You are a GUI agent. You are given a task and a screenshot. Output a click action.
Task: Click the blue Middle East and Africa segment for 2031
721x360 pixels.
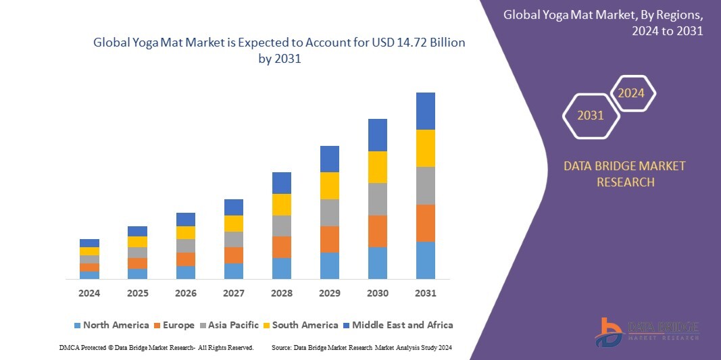(425, 111)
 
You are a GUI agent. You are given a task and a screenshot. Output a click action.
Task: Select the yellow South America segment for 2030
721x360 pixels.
(377, 167)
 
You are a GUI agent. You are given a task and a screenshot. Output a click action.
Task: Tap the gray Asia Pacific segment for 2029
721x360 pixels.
(329, 212)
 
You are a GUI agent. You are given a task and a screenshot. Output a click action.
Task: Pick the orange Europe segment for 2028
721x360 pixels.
(281, 247)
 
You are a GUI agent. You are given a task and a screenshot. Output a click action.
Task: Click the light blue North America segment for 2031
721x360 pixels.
(425, 260)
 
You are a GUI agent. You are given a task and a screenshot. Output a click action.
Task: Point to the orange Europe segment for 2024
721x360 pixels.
(89, 267)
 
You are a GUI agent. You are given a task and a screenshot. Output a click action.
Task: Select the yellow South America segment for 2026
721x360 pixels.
(185, 232)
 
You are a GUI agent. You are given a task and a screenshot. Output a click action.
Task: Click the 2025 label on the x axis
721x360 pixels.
(137, 293)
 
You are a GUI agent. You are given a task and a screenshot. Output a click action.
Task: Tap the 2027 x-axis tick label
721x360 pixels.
(233, 293)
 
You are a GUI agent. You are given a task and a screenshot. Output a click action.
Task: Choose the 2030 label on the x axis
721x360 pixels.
(377, 293)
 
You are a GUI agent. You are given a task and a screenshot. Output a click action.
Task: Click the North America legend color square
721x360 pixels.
(77, 326)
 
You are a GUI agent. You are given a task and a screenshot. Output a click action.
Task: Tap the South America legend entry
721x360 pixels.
(305, 325)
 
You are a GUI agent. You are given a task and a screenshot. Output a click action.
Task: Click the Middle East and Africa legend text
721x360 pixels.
(403, 325)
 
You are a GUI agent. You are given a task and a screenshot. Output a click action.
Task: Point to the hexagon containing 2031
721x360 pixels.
(591, 115)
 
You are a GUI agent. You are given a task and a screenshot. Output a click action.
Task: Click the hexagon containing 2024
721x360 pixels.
(632, 93)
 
